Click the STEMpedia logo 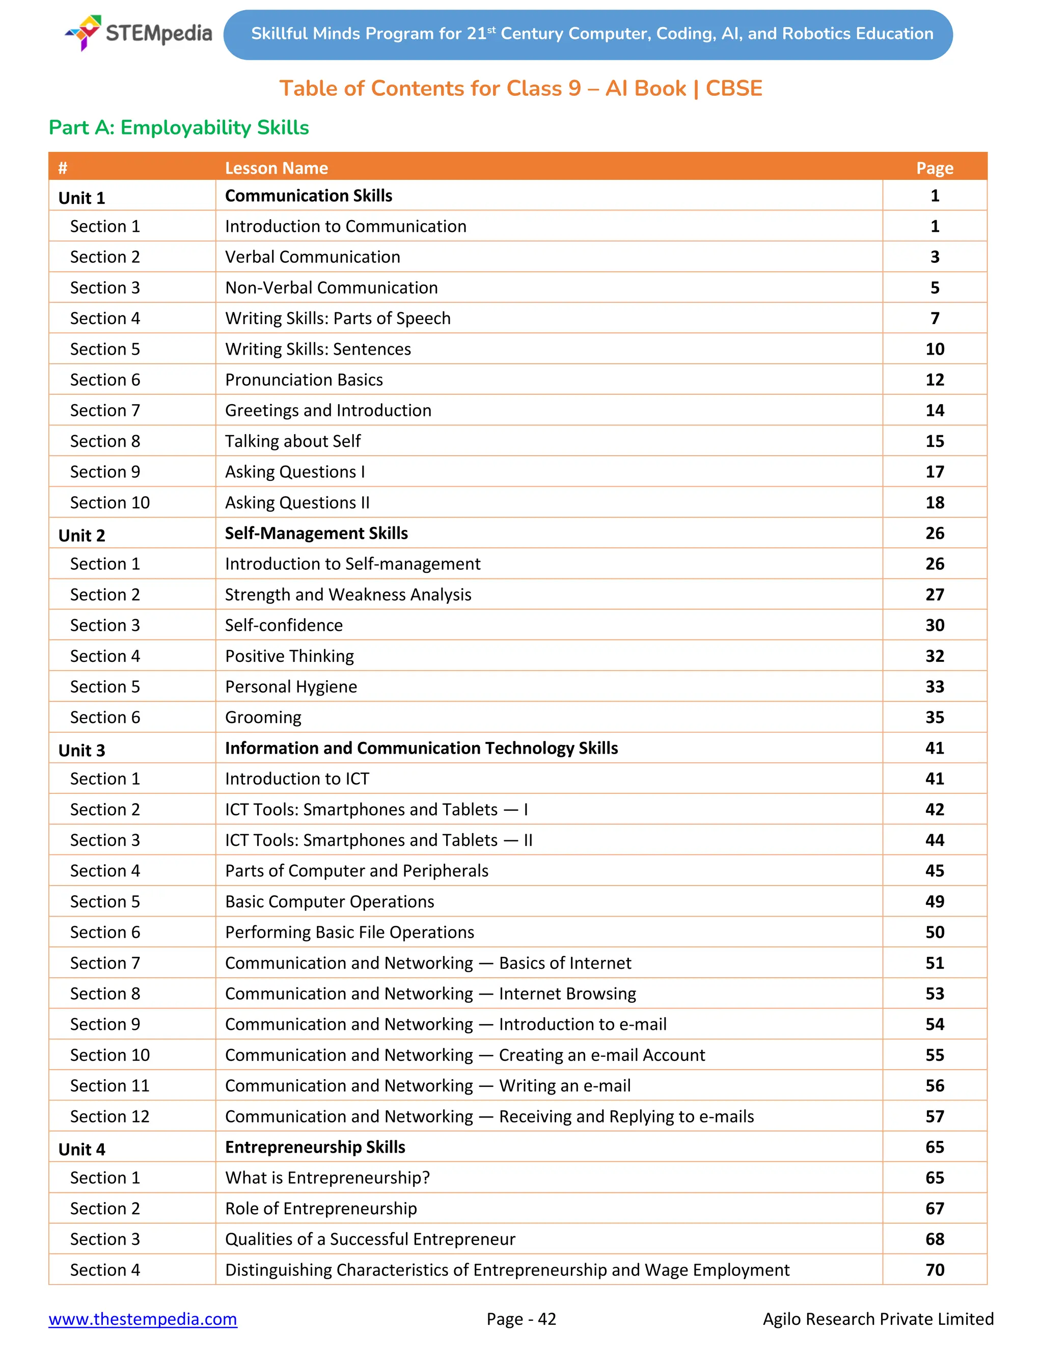click(x=138, y=33)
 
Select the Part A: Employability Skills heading click(x=179, y=127)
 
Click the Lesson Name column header click(x=276, y=168)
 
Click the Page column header click(x=935, y=168)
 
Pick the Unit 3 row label click(x=82, y=750)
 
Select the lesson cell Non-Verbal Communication click(x=331, y=287)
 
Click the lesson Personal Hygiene click(x=291, y=686)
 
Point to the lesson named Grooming click(x=263, y=717)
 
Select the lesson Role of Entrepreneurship click(x=320, y=1208)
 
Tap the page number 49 click(x=935, y=901)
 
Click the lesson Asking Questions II click(x=297, y=502)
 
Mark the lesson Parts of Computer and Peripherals click(x=356, y=871)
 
